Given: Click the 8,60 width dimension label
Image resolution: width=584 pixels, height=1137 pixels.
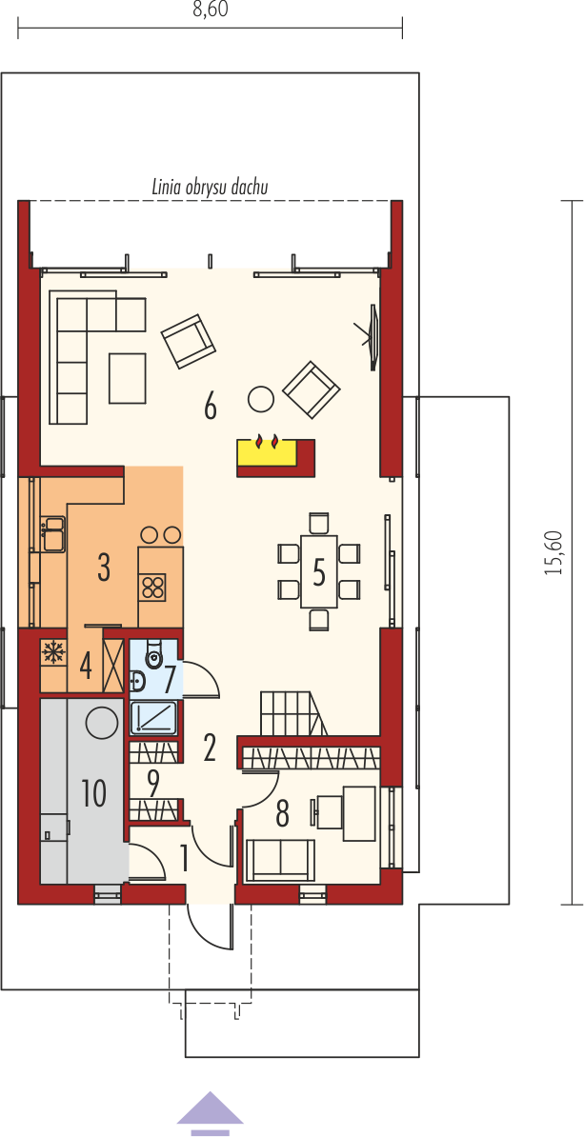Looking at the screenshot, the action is coord(210,12).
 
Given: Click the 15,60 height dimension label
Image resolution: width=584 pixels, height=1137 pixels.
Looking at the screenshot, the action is coord(554,552).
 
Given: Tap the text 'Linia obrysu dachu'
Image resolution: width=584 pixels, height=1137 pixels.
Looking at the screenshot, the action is coord(211,187).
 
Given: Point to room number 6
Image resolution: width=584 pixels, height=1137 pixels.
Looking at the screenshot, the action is coord(210,408).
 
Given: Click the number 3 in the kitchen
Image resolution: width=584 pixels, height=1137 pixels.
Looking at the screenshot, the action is coord(104,568).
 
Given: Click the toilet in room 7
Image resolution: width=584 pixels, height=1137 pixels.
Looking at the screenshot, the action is coord(154,655).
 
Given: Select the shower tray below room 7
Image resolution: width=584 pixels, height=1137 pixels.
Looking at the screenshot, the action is coord(153,719).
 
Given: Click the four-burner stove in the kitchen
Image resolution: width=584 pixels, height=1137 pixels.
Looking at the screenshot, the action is coord(152,586).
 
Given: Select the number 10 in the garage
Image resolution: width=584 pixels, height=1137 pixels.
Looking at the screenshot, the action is coord(94,793).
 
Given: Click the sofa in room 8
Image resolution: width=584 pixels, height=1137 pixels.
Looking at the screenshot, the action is coord(281,860).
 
